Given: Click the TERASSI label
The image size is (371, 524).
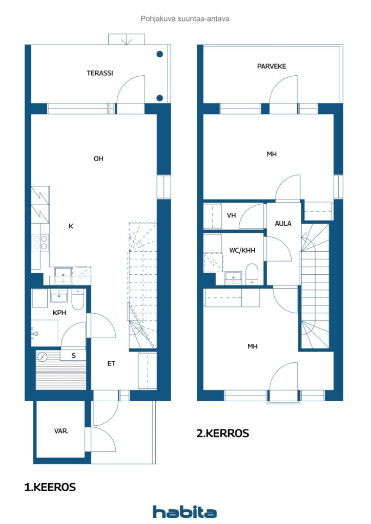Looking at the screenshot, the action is (100, 73).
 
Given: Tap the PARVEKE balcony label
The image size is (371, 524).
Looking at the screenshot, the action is (271, 66).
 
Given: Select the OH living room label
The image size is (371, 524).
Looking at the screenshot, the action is (98, 159).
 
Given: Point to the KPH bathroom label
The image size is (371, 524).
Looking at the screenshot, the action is (59, 313).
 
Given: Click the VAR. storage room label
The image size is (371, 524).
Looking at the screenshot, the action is (61, 431).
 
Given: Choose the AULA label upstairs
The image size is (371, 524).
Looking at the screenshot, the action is (283, 223).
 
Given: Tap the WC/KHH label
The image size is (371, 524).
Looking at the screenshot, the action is (242, 250).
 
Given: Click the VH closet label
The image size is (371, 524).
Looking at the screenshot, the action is (231, 215).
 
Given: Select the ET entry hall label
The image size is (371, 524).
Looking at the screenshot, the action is (111, 363).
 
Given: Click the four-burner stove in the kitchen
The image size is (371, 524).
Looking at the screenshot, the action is (40, 242).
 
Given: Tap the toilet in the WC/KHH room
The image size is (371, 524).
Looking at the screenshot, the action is (252, 274).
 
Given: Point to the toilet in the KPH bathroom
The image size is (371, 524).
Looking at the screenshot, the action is (77, 299).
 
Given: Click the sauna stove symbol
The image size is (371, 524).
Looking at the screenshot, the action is (43, 357).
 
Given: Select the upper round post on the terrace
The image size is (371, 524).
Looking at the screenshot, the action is (159, 54).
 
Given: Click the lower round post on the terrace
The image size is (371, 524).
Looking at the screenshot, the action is (159, 98).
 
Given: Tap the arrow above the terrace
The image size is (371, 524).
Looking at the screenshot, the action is (127, 39).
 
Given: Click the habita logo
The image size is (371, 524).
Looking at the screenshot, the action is (184, 512).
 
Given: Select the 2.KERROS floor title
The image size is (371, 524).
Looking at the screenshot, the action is (223, 433).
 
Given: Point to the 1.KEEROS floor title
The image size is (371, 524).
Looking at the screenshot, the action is (50, 487).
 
